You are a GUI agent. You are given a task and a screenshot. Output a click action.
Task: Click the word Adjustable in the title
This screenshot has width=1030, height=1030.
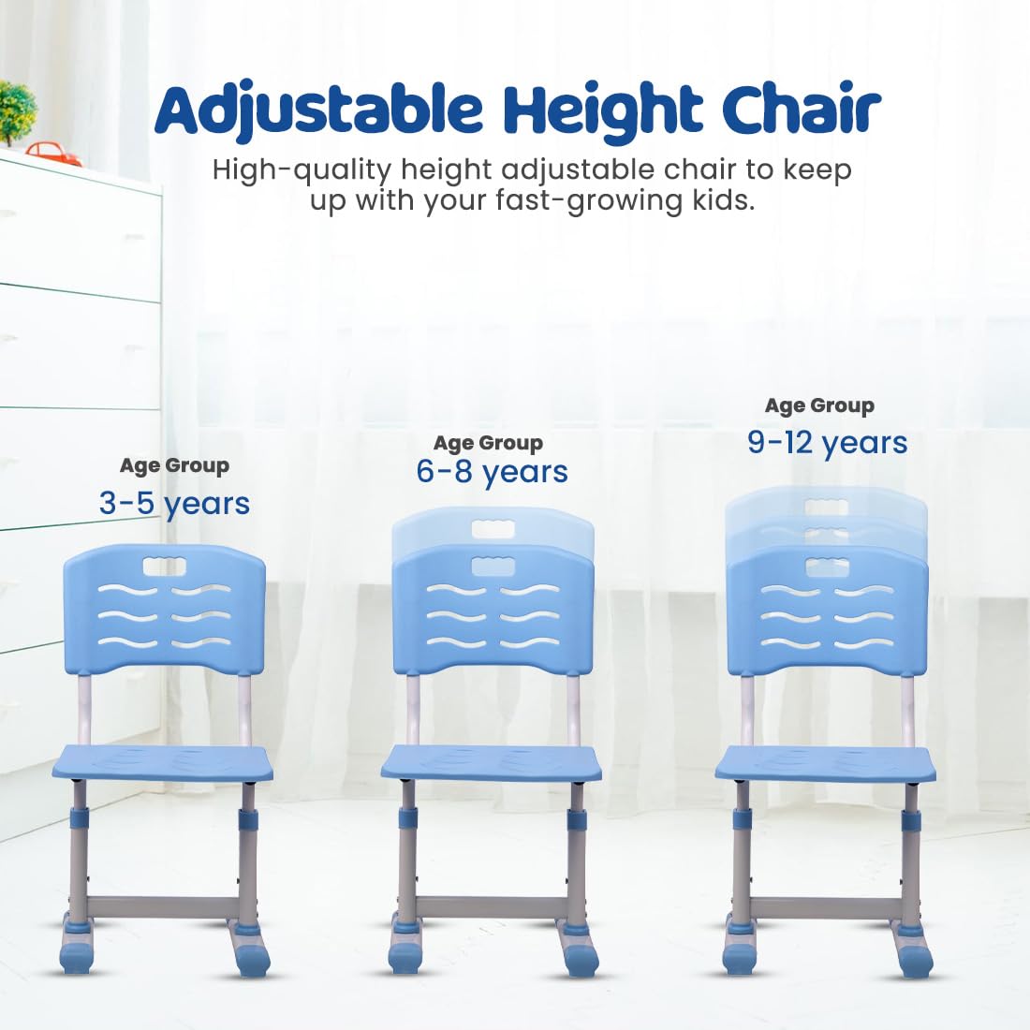(x=318, y=110)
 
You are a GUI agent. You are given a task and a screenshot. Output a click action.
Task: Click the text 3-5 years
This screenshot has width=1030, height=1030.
(x=175, y=504)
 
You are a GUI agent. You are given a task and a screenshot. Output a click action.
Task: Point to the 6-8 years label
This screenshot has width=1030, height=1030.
(x=492, y=472)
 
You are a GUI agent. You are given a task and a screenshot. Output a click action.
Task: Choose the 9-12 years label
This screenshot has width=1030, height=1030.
(x=828, y=442)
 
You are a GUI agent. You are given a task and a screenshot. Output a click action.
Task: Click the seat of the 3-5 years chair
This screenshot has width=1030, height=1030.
(x=162, y=762)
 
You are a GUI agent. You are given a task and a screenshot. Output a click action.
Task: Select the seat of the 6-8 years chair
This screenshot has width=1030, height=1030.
(x=492, y=762)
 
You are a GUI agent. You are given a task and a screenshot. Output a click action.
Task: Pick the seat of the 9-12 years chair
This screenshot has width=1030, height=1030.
(x=826, y=762)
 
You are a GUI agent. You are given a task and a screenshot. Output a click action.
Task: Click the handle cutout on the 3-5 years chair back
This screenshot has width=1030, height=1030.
(x=165, y=566)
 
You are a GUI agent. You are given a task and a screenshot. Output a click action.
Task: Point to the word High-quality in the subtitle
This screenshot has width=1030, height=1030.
(x=302, y=171)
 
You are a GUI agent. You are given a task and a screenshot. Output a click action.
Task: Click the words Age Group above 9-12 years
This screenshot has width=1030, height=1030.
(x=820, y=406)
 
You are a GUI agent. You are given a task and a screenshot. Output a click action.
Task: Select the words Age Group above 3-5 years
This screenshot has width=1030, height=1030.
(x=175, y=466)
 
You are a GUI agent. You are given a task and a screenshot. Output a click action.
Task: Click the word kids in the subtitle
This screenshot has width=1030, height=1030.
(x=721, y=199)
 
